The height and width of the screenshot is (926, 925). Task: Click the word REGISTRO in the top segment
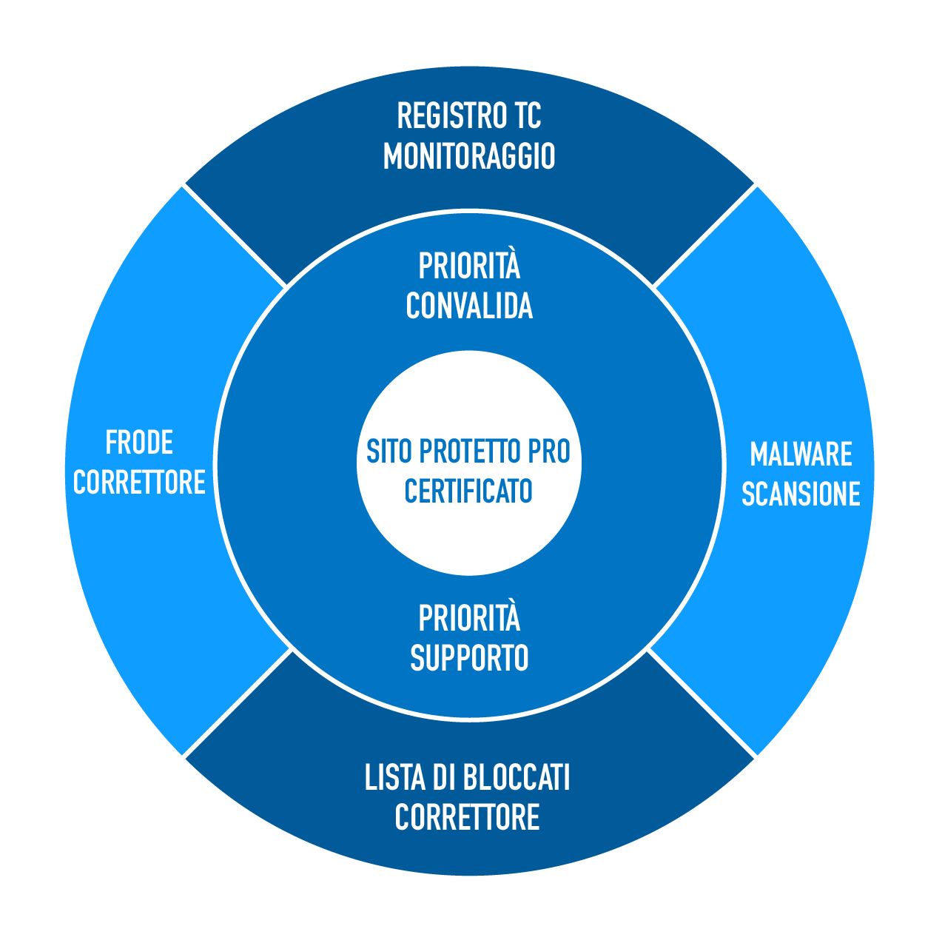click(x=443, y=116)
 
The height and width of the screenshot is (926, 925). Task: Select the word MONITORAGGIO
click(x=469, y=156)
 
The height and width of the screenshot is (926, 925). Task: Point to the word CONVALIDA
click(x=469, y=306)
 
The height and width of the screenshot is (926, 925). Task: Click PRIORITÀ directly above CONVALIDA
click(x=469, y=266)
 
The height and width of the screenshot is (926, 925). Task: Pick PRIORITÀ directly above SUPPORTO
click(x=469, y=619)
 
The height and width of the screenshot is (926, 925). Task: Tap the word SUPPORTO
click(x=469, y=658)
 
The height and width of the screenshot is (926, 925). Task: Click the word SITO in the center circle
click(x=389, y=451)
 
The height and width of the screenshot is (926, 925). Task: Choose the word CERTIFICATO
click(x=468, y=491)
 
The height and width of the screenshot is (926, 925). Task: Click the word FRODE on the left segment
click(x=139, y=443)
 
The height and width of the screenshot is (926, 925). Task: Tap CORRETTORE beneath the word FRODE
click(x=139, y=483)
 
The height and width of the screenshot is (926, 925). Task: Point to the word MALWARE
click(x=801, y=454)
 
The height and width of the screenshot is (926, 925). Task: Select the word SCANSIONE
click(x=801, y=494)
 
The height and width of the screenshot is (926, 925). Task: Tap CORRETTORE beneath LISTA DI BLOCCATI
click(x=467, y=818)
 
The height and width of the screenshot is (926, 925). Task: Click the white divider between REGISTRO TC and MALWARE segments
click(x=704, y=235)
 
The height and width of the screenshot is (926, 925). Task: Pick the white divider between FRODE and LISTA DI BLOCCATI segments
click(x=235, y=703)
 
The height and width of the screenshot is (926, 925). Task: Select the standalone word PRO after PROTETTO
click(x=549, y=451)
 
